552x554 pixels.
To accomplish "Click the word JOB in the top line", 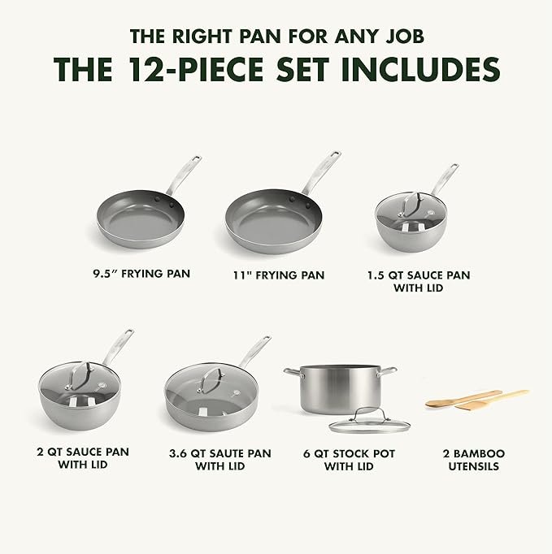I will pos(400,36).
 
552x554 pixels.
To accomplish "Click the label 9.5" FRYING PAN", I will pos(141,274).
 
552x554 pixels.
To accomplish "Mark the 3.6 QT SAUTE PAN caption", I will pos(220,460).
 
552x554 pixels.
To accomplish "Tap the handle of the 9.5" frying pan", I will pos(185,173).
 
